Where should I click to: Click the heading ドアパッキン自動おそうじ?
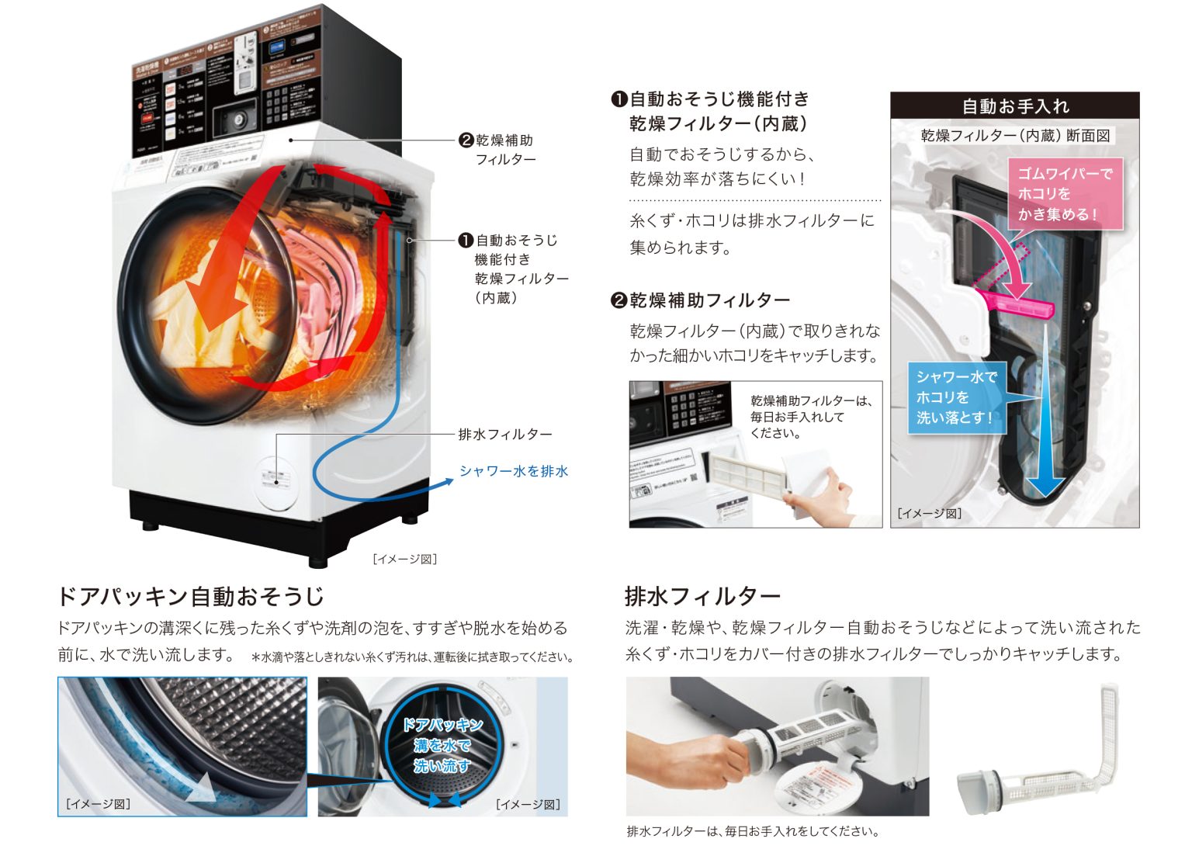click(191, 596)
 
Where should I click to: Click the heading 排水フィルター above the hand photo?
click(702, 596)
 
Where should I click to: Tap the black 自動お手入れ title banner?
click(1014, 106)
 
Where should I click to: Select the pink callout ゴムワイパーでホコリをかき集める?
click(1065, 194)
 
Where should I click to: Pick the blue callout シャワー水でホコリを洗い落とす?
click(956, 397)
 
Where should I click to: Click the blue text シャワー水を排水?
click(513, 471)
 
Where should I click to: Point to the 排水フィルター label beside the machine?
click(504, 435)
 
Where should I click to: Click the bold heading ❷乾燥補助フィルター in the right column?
click(701, 300)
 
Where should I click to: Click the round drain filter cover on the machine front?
click(275, 481)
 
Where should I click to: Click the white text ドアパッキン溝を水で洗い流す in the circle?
click(442, 746)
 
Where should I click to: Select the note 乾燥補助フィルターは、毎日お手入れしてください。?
click(811, 417)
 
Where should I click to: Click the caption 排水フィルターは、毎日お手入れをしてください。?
click(752, 831)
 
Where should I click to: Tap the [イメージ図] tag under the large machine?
click(404, 559)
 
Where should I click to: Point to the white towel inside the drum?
click(194, 318)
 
